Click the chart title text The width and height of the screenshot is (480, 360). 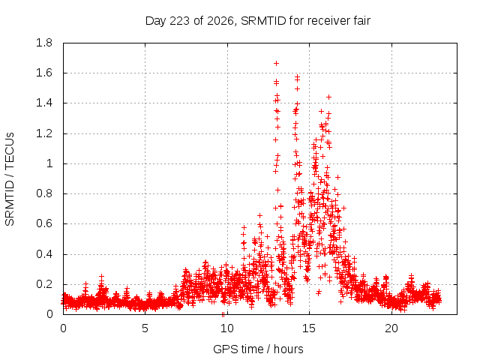pos(258,21)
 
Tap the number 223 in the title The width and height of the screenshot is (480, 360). pos(180,21)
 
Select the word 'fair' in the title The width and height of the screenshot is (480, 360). pos(361,21)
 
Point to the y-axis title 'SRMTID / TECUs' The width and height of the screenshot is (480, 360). pos(10,179)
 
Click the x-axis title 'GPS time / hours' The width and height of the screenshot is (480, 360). pos(258,349)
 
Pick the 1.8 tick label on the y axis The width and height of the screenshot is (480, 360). pos(44,43)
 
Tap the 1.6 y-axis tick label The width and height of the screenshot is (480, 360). pos(44,73)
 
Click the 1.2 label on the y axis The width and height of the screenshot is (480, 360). pos(44,133)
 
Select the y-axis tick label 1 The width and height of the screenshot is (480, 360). pos(49,163)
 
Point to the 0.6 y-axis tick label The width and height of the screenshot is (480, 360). pos(44,223)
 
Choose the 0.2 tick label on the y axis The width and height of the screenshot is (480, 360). pos(44,284)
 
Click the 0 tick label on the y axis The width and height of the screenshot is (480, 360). pos(49,314)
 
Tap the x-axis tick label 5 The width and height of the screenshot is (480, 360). pos(145,328)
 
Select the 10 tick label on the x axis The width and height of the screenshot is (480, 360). pos(226,328)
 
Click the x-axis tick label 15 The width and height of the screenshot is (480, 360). pos(309,328)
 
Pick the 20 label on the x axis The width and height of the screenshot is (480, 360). pos(391,328)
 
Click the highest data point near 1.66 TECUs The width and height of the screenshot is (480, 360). pos(276,63)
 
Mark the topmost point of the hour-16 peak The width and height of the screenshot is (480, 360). pos(328,97)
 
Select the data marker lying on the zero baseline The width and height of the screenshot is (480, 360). pos(223,314)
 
